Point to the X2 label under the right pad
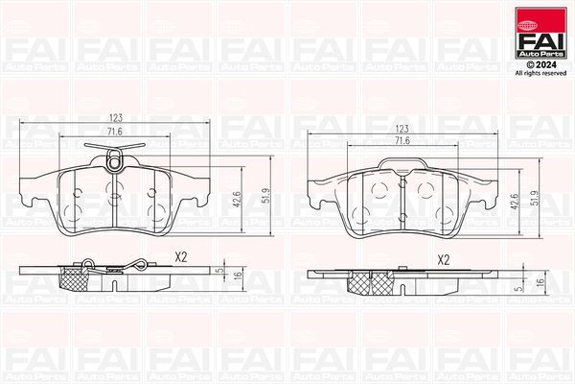(x=443, y=259)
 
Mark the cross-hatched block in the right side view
(x=361, y=281)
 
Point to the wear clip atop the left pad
(x=111, y=149)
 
